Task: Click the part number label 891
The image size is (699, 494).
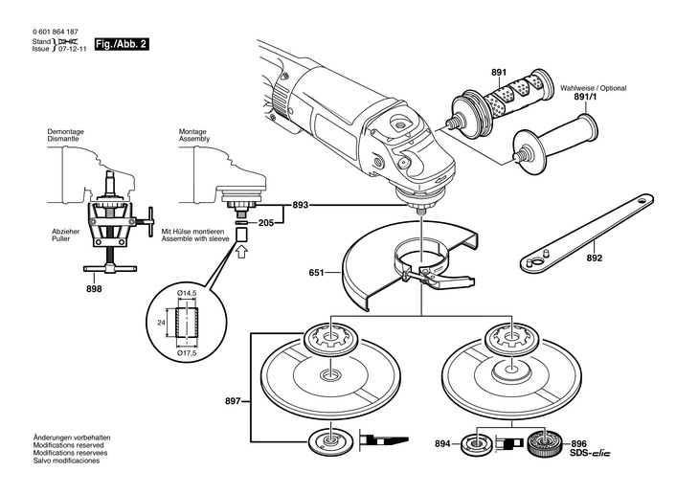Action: pyautogui.click(x=499, y=73)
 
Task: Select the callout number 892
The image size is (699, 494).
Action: pyautogui.click(x=595, y=258)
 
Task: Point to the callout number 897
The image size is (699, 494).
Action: pyautogui.click(x=235, y=400)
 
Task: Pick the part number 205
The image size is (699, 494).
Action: pyautogui.click(x=266, y=222)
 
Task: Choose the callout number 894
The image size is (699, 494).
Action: pyautogui.click(x=442, y=444)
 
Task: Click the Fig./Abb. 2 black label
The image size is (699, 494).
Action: pyautogui.click(x=123, y=45)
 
